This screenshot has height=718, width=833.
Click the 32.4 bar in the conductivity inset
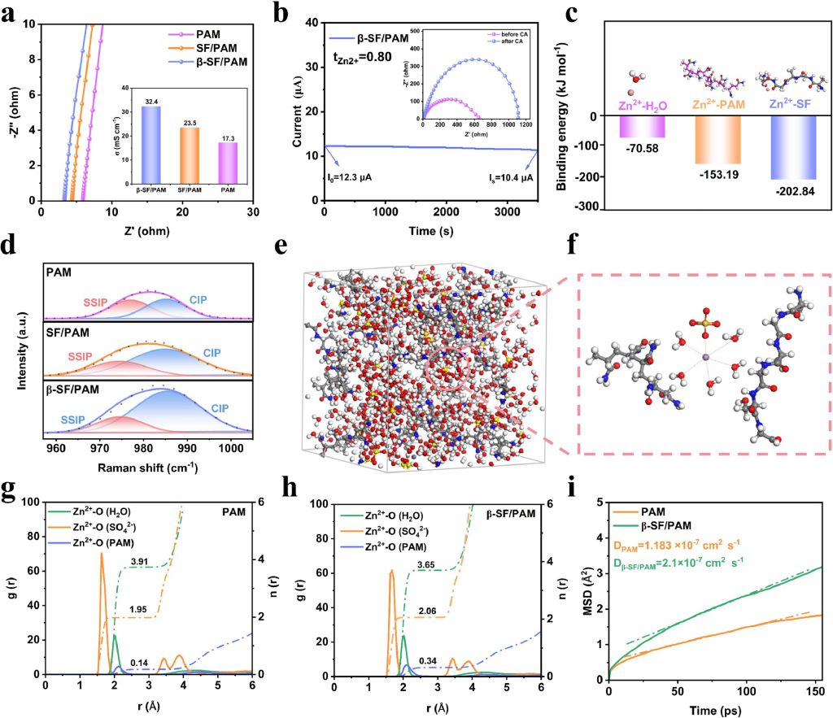150,133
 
